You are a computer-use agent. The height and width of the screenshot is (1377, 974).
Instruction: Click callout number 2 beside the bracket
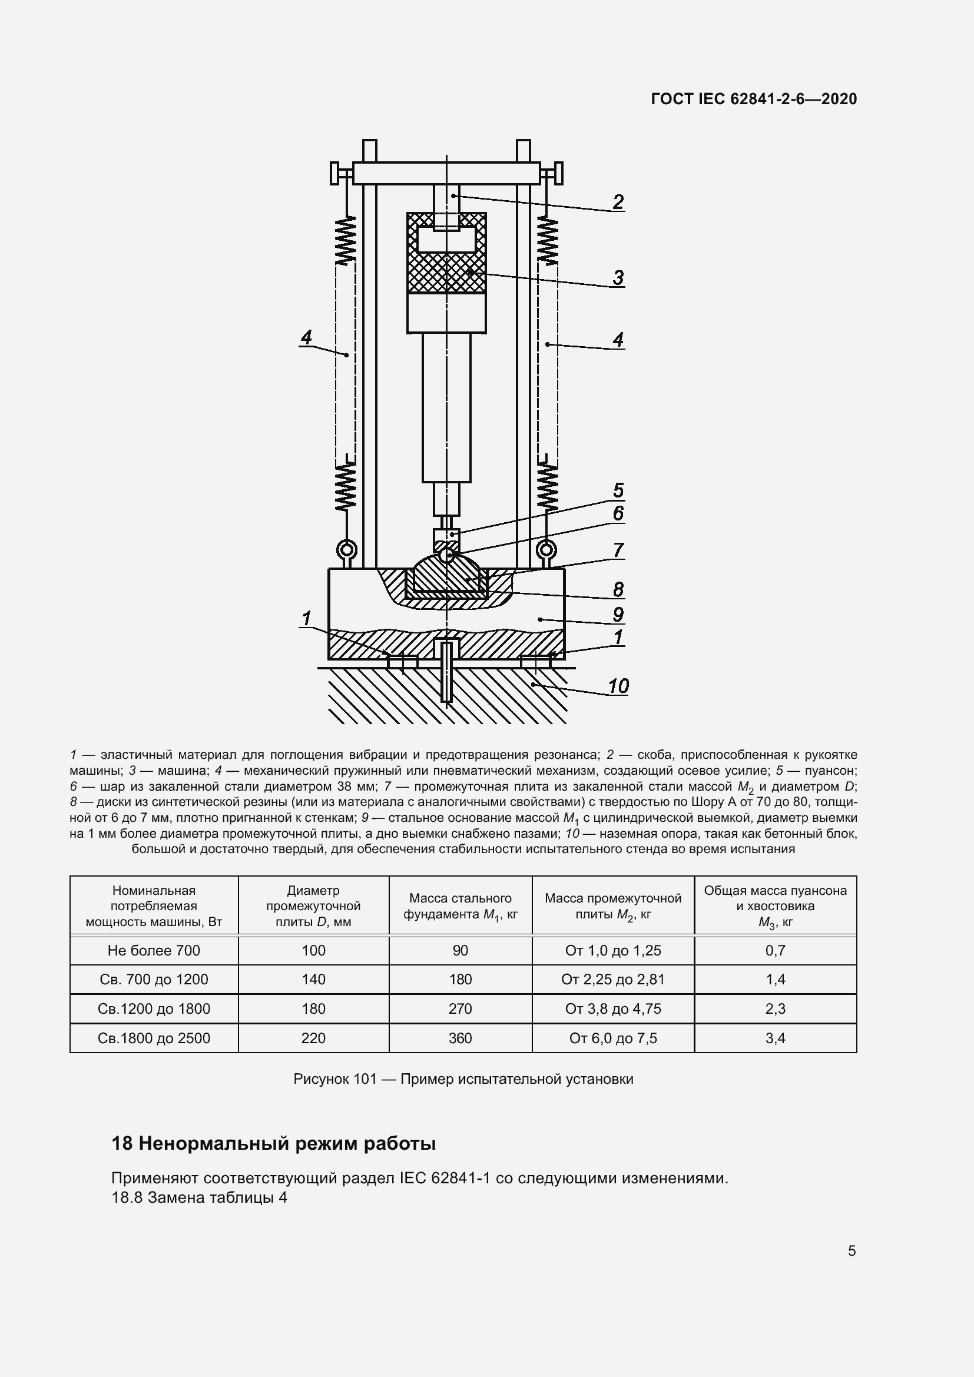click(x=618, y=202)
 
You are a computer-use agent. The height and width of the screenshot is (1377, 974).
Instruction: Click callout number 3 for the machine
click(x=618, y=278)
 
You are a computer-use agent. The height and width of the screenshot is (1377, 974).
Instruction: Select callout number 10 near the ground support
click(x=618, y=685)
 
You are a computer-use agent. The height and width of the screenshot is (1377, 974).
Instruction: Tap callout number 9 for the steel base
click(x=618, y=614)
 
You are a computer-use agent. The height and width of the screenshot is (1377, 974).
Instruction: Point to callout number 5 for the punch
click(x=618, y=490)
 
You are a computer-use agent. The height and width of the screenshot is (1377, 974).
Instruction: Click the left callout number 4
click(x=306, y=338)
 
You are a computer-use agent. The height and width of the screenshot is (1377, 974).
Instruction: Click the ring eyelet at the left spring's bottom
click(x=347, y=549)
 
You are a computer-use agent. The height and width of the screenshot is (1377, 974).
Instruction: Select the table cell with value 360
click(x=460, y=1038)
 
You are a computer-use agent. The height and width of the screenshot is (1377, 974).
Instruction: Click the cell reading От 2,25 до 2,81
click(x=613, y=980)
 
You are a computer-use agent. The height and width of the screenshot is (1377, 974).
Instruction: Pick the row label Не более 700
click(x=154, y=950)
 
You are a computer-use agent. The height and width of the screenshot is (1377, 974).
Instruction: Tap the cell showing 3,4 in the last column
click(x=775, y=1038)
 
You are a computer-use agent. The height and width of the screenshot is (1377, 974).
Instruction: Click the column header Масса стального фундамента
click(x=460, y=906)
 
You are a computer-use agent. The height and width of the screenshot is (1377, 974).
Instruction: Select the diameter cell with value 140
click(x=313, y=980)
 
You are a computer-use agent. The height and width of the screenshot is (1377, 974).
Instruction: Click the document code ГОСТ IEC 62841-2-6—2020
click(x=753, y=99)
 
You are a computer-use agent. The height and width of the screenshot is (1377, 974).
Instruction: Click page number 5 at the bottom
click(x=851, y=1250)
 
